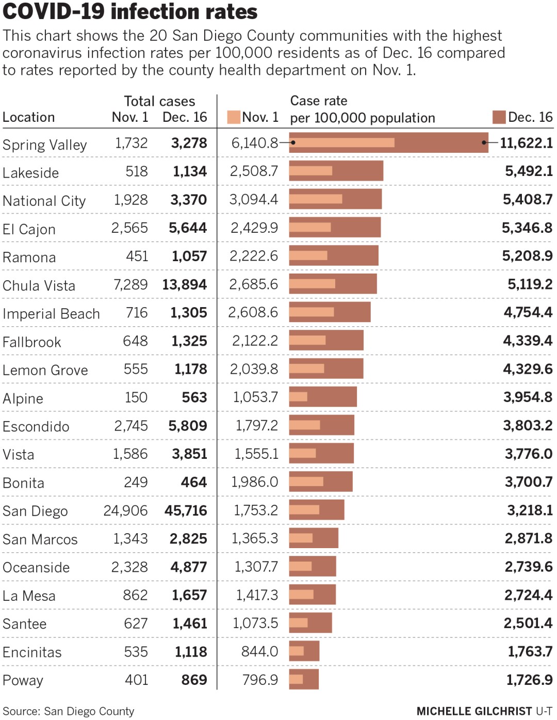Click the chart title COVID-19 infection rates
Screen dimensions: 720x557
[x=130, y=11]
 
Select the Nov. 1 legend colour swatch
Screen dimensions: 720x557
[x=234, y=117]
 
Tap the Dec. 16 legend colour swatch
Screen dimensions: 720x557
[x=499, y=117]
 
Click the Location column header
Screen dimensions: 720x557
[x=29, y=117]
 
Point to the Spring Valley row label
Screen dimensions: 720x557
[x=44, y=145]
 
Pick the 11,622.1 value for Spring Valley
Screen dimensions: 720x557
[x=526, y=143]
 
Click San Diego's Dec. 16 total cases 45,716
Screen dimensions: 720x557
[x=186, y=510]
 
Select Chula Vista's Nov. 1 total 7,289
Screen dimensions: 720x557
[x=130, y=284]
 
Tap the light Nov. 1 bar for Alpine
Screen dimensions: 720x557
[x=298, y=397]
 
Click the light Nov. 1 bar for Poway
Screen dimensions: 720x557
[x=296, y=679]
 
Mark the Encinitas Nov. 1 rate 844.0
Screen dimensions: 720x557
[x=259, y=651]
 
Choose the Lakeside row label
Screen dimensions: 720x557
[x=31, y=172]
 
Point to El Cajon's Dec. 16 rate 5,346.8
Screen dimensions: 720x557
[x=527, y=228]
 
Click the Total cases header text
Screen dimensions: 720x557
[x=159, y=101]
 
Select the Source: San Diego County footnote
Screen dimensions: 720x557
[x=68, y=711]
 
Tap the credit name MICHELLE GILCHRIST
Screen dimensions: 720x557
[x=474, y=711]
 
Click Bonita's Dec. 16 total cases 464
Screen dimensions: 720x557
[x=193, y=482]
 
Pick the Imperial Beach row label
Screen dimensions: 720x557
[x=51, y=313]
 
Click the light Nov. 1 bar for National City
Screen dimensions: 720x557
[x=316, y=199]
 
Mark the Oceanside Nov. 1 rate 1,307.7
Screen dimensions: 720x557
[x=256, y=567]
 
